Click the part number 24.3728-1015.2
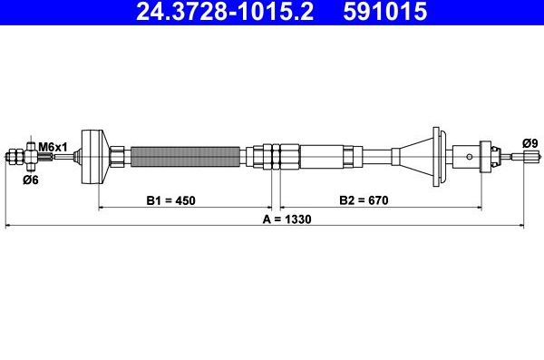click(x=225, y=11)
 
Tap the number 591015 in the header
click(x=385, y=11)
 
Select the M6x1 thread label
click(x=53, y=147)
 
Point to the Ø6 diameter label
click(x=31, y=180)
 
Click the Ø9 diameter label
click(x=530, y=143)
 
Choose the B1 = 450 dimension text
click(x=170, y=200)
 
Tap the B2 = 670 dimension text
click(x=364, y=200)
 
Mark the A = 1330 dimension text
click(x=287, y=219)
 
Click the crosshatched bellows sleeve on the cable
click(x=185, y=157)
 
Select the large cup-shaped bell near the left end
click(x=94, y=157)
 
